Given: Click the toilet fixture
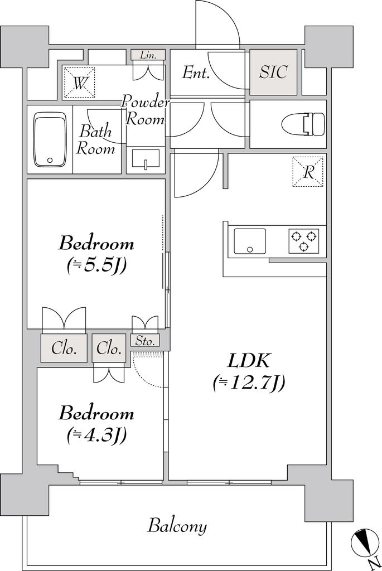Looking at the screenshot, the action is pos(303,124).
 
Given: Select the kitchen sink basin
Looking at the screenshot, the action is pos(249,241).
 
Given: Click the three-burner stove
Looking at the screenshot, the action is pos(304,241).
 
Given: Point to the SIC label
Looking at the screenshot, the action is pos(273,72).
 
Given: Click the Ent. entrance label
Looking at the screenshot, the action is pos(196,72).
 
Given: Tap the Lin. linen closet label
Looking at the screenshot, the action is pos(148,55).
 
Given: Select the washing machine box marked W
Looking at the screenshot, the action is pos(79,83).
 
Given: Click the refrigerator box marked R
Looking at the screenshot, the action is pos(308,172).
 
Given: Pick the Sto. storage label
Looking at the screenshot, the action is pos(145,341).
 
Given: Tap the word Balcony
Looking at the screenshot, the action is pos(177,526).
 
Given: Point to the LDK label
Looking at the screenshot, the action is pos(249,361).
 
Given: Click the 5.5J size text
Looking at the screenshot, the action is pos(96,266).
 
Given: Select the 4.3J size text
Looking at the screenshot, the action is pos(96,434).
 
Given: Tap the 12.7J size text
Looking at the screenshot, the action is pos(249,383).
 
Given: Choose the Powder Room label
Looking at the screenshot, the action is pos(146,110).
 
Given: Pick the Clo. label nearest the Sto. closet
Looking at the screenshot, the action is pos(109,349).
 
